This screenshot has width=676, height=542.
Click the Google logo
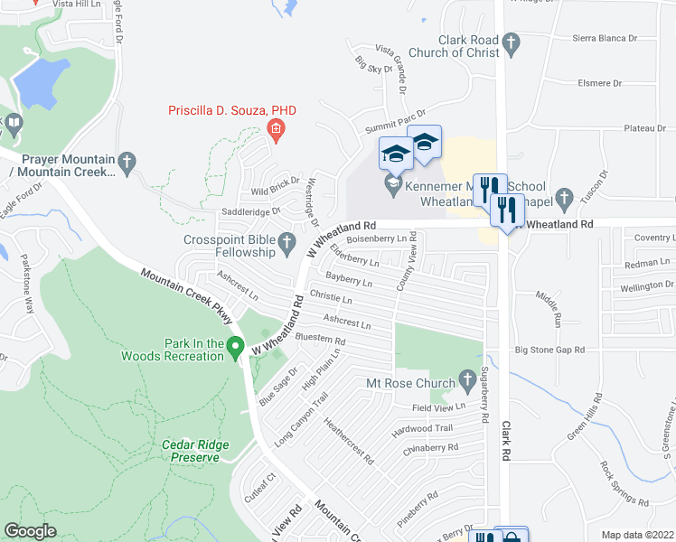pos(30,531)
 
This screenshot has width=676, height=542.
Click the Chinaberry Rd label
pos(430,448)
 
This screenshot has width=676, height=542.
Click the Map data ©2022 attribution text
pos(637,535)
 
